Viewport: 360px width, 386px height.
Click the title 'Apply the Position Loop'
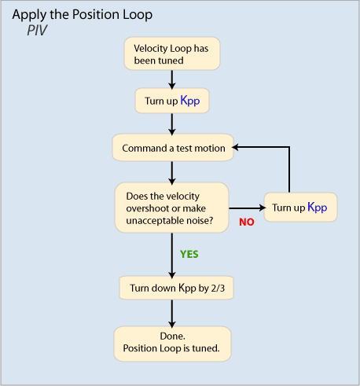[x=83, y=15]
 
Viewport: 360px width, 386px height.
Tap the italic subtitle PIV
[x=37, y=30]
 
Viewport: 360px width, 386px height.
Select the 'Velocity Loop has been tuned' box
[x=172, y=53]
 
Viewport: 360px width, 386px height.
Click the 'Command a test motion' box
[x=173, y=148]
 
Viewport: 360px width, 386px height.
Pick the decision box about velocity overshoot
[x=171, y=208]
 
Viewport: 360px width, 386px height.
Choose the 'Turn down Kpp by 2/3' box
[x=176, y=288]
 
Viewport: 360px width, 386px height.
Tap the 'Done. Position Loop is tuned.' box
[x=172, y=344]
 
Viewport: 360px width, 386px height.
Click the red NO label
[x=247, y=222]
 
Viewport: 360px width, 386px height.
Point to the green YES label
[x=189, y=254]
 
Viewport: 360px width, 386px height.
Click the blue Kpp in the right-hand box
[x=318, y=208]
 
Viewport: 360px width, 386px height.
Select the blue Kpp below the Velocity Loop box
[x=190, y=101]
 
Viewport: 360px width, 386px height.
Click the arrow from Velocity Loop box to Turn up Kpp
[x=172, y=79]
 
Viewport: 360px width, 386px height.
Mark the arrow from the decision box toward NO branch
[x=248, y=208]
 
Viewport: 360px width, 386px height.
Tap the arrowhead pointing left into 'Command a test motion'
[x=235, y=147]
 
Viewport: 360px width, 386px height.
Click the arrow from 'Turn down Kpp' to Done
[x=172, y=314]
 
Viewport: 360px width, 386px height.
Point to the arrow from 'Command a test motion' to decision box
[x=172, y=172]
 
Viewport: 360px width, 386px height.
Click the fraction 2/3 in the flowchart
[x=218, y=289]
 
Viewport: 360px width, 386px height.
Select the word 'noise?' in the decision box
[x=200, y=221]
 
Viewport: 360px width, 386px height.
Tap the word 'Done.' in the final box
[x=172, y=336]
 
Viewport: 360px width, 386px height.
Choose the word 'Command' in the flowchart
[x=145, y=149]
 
